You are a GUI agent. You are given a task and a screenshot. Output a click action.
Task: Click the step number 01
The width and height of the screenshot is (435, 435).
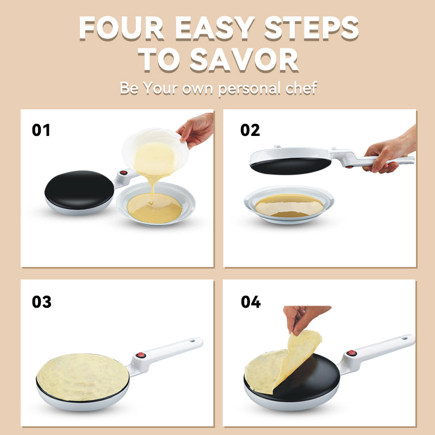41,130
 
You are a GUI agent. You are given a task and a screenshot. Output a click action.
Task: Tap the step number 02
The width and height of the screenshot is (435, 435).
250,130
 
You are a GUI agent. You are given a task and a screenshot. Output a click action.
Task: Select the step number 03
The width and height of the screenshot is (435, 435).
41,302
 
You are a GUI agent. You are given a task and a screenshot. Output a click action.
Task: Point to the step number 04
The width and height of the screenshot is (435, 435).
251,302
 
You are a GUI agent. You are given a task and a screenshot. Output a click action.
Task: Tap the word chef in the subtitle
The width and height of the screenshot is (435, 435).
297,88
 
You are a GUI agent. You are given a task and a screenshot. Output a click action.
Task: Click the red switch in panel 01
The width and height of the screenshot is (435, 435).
123,175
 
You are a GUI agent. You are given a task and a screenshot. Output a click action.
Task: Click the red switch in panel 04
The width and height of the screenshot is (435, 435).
352,353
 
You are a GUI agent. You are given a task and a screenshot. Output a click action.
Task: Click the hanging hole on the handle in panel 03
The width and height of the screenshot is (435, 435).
193,342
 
